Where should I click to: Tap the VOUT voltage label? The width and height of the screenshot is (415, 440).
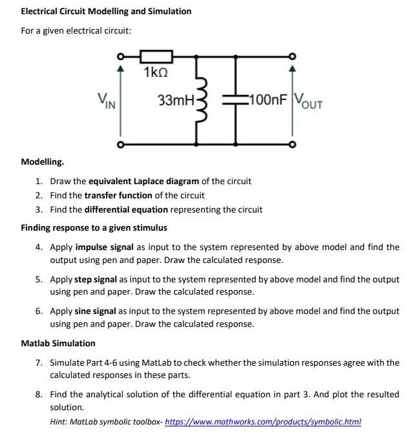point(308,101)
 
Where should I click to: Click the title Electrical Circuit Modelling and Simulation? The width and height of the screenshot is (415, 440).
point(106,12)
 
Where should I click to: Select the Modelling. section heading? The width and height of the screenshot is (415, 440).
point(42,161)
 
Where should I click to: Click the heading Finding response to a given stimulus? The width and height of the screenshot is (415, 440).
point(94,227)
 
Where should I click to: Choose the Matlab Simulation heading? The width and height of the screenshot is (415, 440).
point(58,343)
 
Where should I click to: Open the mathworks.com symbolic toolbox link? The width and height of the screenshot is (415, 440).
point(263,422)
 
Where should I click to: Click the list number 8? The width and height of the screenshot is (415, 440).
point(39,394)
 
